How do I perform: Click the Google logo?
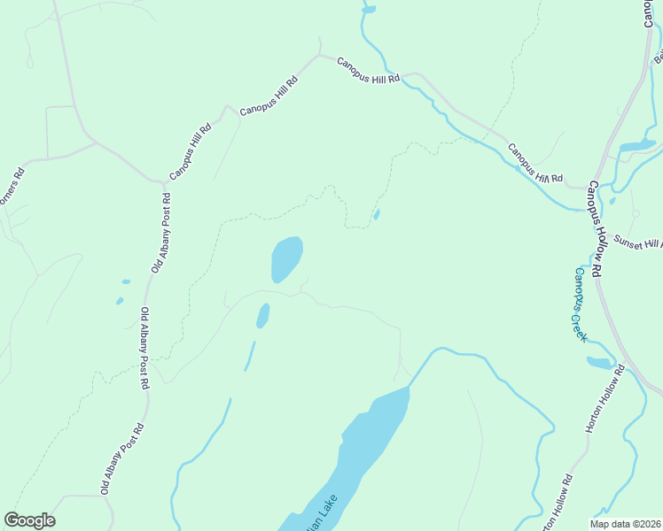(x=29, y=520)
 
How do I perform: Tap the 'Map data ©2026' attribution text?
(x=625, y=524)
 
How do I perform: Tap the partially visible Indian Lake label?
(x=322, y=513)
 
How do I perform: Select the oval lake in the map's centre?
(x=286, y=258)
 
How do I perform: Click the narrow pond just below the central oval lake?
(x=262, y=315)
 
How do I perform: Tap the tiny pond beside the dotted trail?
(x=377, y=214)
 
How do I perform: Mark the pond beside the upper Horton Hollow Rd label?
(x=599, y=362)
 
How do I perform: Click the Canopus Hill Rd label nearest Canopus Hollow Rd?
(x=534, y=163)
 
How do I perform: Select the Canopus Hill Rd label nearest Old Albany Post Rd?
(x=191, y=151)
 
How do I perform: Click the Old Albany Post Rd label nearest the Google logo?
(x=122, y=458)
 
